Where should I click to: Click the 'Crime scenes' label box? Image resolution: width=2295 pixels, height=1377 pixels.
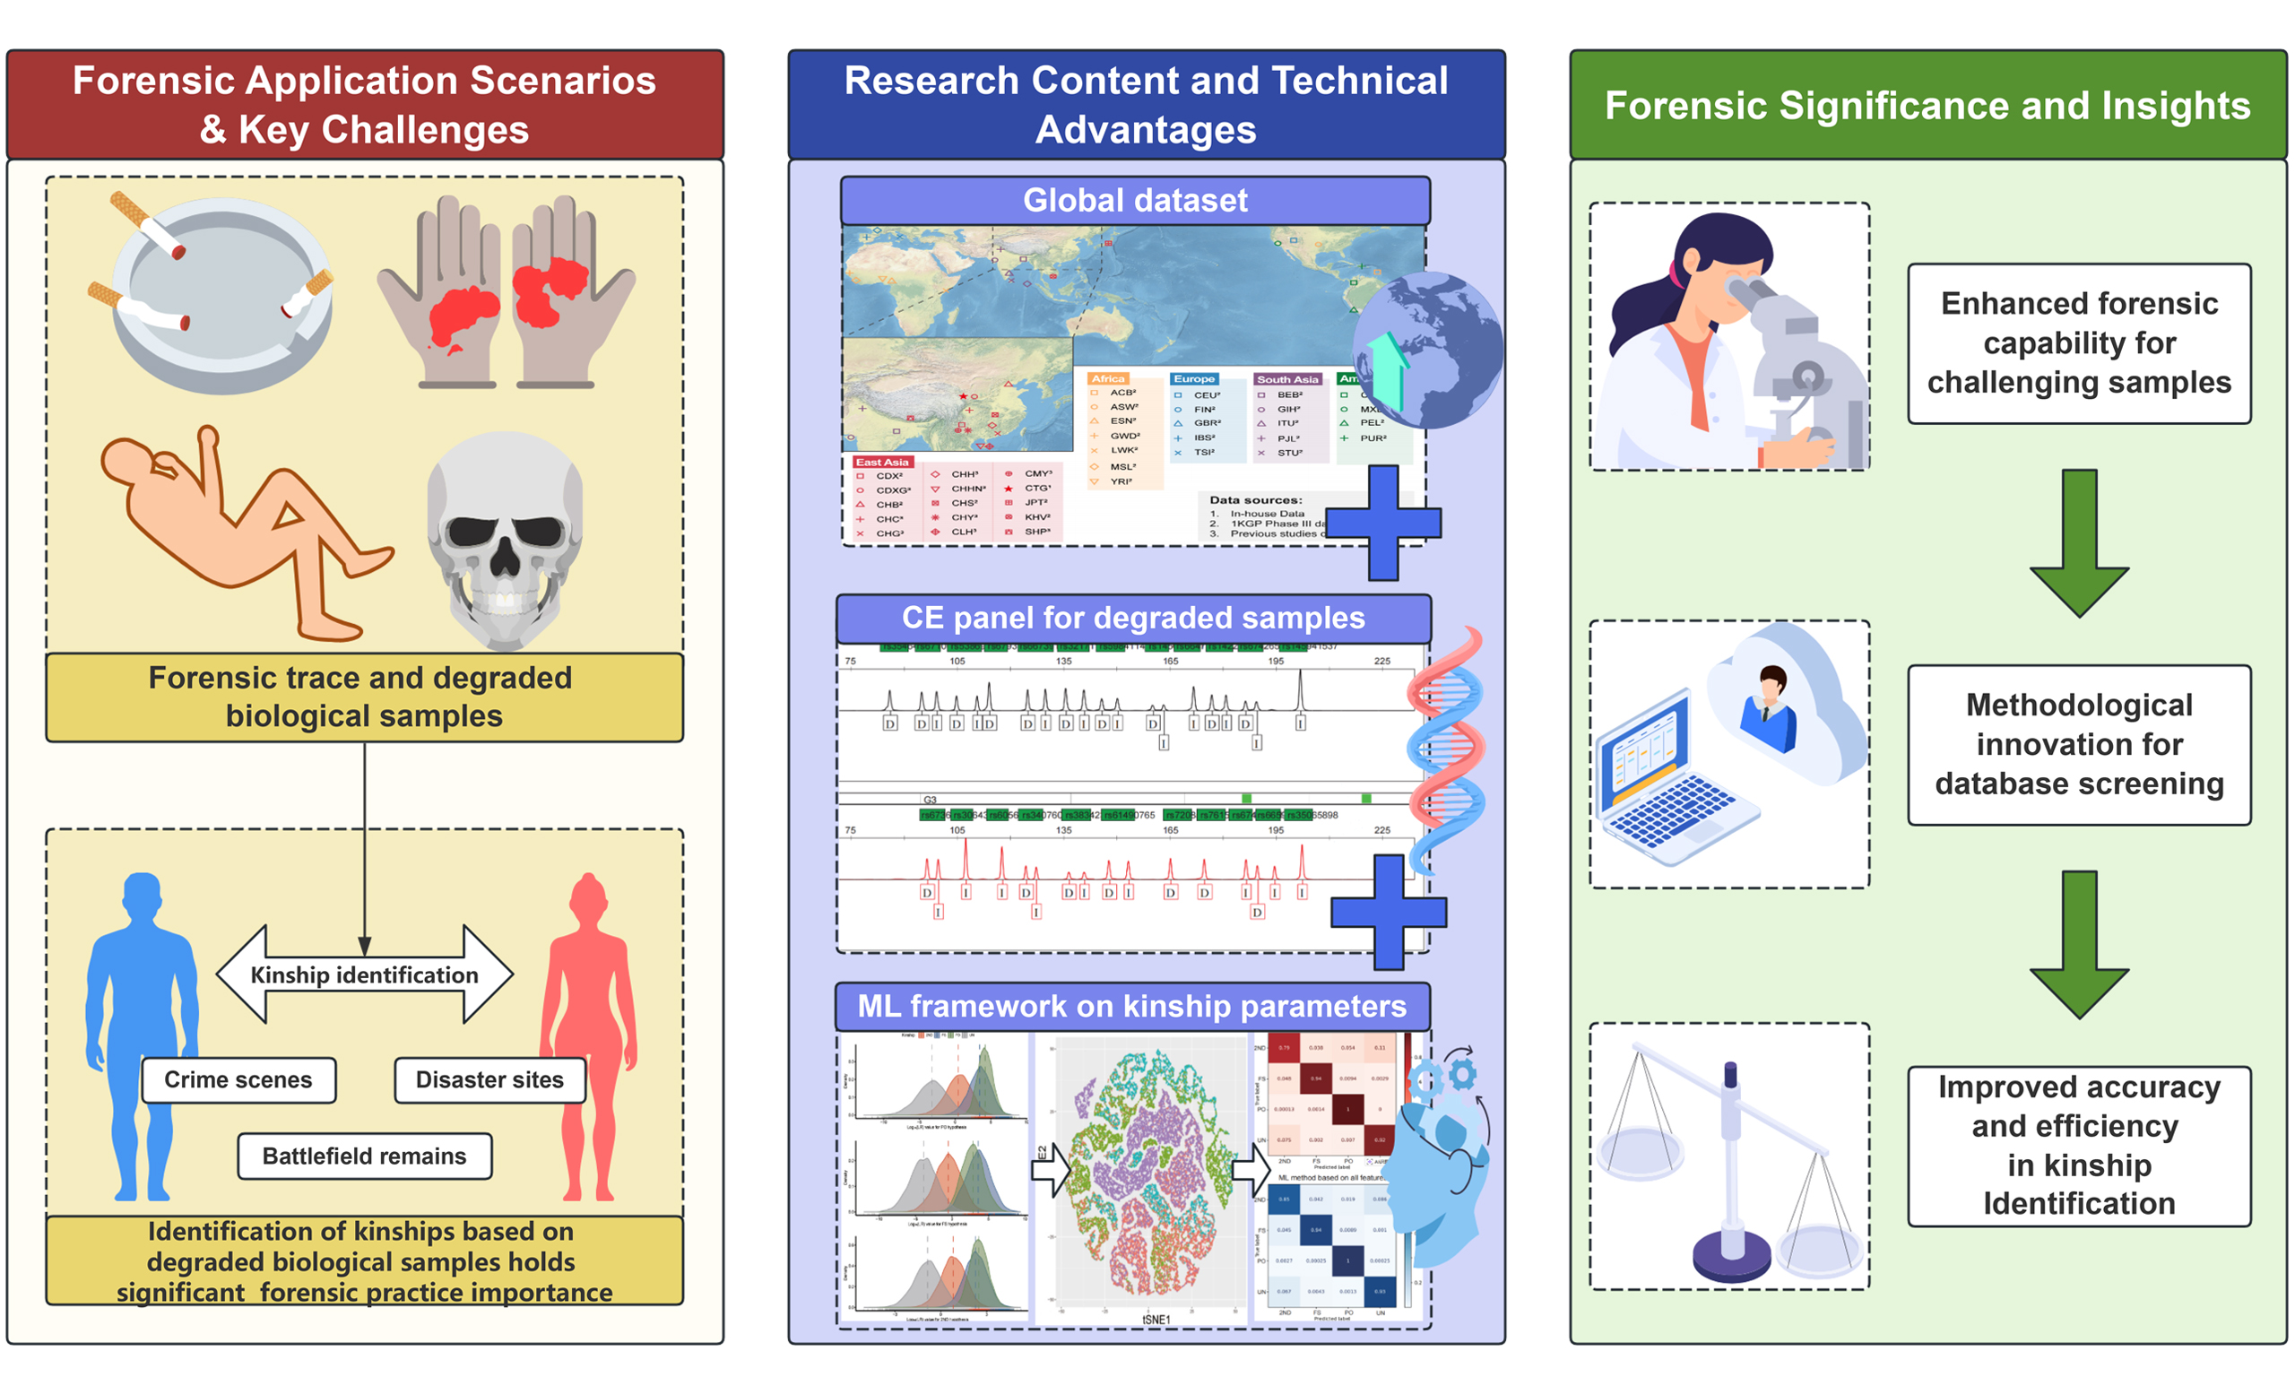click(x=238, y=1080)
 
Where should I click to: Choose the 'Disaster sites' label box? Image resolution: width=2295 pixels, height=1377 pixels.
click(x=489, y=1080)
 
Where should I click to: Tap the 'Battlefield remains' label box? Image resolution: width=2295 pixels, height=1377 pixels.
click(x=364, y=1156)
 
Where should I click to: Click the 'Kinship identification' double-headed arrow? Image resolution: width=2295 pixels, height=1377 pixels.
click(x=364, y=974)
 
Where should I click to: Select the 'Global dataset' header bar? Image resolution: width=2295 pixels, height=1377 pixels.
click(x=1135, y=201)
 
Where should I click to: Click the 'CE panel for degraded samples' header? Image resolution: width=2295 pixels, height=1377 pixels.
click(x=1132, y=618)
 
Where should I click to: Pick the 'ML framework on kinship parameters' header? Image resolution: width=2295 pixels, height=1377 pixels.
click(x=1131, y=1007)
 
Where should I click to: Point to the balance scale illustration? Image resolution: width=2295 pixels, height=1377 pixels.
click(x=1730, y=1169)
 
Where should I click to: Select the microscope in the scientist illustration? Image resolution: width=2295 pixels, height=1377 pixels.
click(x=1795, y=371)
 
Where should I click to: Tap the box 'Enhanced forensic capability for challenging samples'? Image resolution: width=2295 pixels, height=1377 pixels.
click(x=2078, y=343)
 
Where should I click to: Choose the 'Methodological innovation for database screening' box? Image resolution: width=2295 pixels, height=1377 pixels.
click(x=2078, y=744)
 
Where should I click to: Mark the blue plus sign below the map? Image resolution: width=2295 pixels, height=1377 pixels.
click(x=1382, y=523)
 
